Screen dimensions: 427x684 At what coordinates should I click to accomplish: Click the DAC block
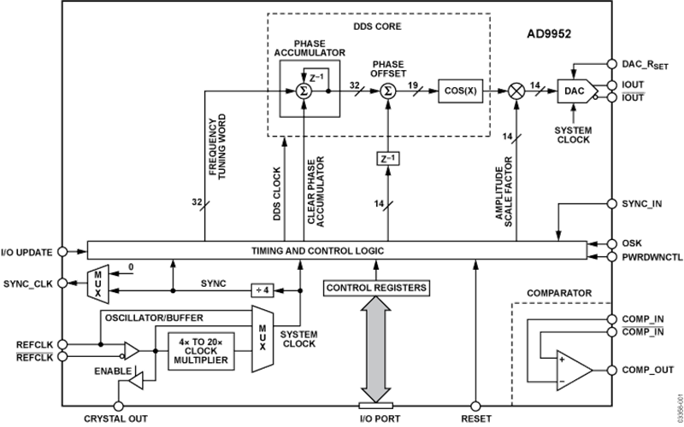pos(571,90)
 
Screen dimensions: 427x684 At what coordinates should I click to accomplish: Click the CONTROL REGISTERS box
pos(376,290)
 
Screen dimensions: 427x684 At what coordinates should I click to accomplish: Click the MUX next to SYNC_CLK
pos(99,281)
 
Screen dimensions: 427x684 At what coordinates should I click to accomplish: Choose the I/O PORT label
pos(376,419)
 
